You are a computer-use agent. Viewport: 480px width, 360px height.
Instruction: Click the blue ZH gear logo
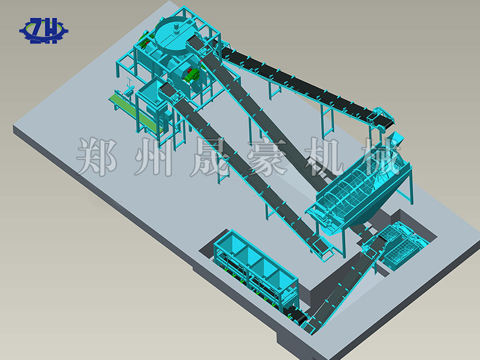44,31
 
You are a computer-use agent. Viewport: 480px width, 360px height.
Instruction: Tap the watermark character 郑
97,157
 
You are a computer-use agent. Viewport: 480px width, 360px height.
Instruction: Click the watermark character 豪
267,157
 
